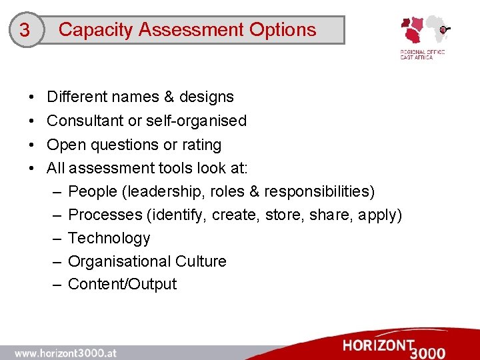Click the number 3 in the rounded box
pyautogui.click(x=25, y=31)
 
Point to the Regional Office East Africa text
pyautogui.click(x=422, y=54)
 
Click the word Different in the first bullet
pyautogui.click(x=77, y=97)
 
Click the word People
pyautogui.click(x=93, y=192)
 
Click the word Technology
pyautogui.click(x=109, y=238)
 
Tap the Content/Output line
pyautogui.click(x=123, y=284)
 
